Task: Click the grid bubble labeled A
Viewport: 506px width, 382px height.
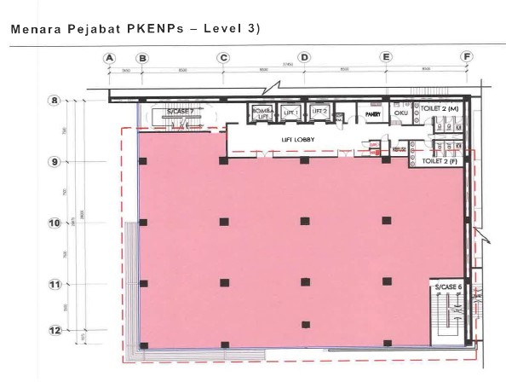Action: pyautogui.click(x=108, y=57)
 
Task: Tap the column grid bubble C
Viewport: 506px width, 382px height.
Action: pyautogui.click(x=223, y=57)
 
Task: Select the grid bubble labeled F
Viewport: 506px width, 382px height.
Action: pyautogui.click(x=467, y=57)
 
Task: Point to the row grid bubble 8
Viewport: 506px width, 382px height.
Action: pyautogui.click(x=54, y=101)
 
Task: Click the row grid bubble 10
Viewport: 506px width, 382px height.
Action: pyautogui.click(x=54, y=223)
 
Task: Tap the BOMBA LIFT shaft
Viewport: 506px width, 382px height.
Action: pyautogui.click(x=261, y=113)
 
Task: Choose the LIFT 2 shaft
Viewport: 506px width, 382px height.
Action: pyautogui.click(x=319, y=112)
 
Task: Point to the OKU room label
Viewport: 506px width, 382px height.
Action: pyautogui.click(x=400, y=112)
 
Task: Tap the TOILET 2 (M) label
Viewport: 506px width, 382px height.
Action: pyautogui.click(x=440, y=111)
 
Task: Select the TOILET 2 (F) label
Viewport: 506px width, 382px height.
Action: pyautogui.click(x=439, y=160)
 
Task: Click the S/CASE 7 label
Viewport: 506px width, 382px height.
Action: pyautogui.click(x=180, y=112)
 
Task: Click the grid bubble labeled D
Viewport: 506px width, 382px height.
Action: pyautogui.click(x=304, y=57)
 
